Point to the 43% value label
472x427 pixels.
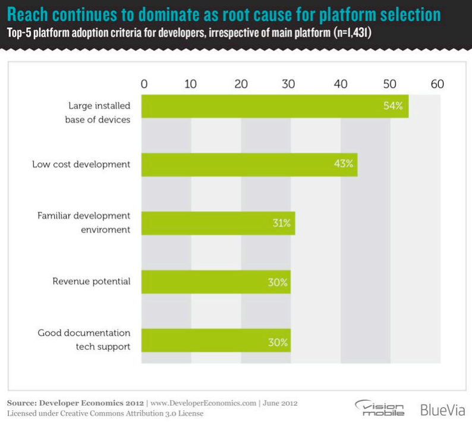pos(344,164)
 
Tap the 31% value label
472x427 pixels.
pos(281,223)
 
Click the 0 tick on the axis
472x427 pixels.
pos(144,84)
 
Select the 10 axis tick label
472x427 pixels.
pos(190,84)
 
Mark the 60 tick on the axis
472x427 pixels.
pos(438,84)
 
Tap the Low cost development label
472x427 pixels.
pos(81,164)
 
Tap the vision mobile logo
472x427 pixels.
pos(379,409)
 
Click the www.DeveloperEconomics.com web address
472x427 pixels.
pos(202,403)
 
